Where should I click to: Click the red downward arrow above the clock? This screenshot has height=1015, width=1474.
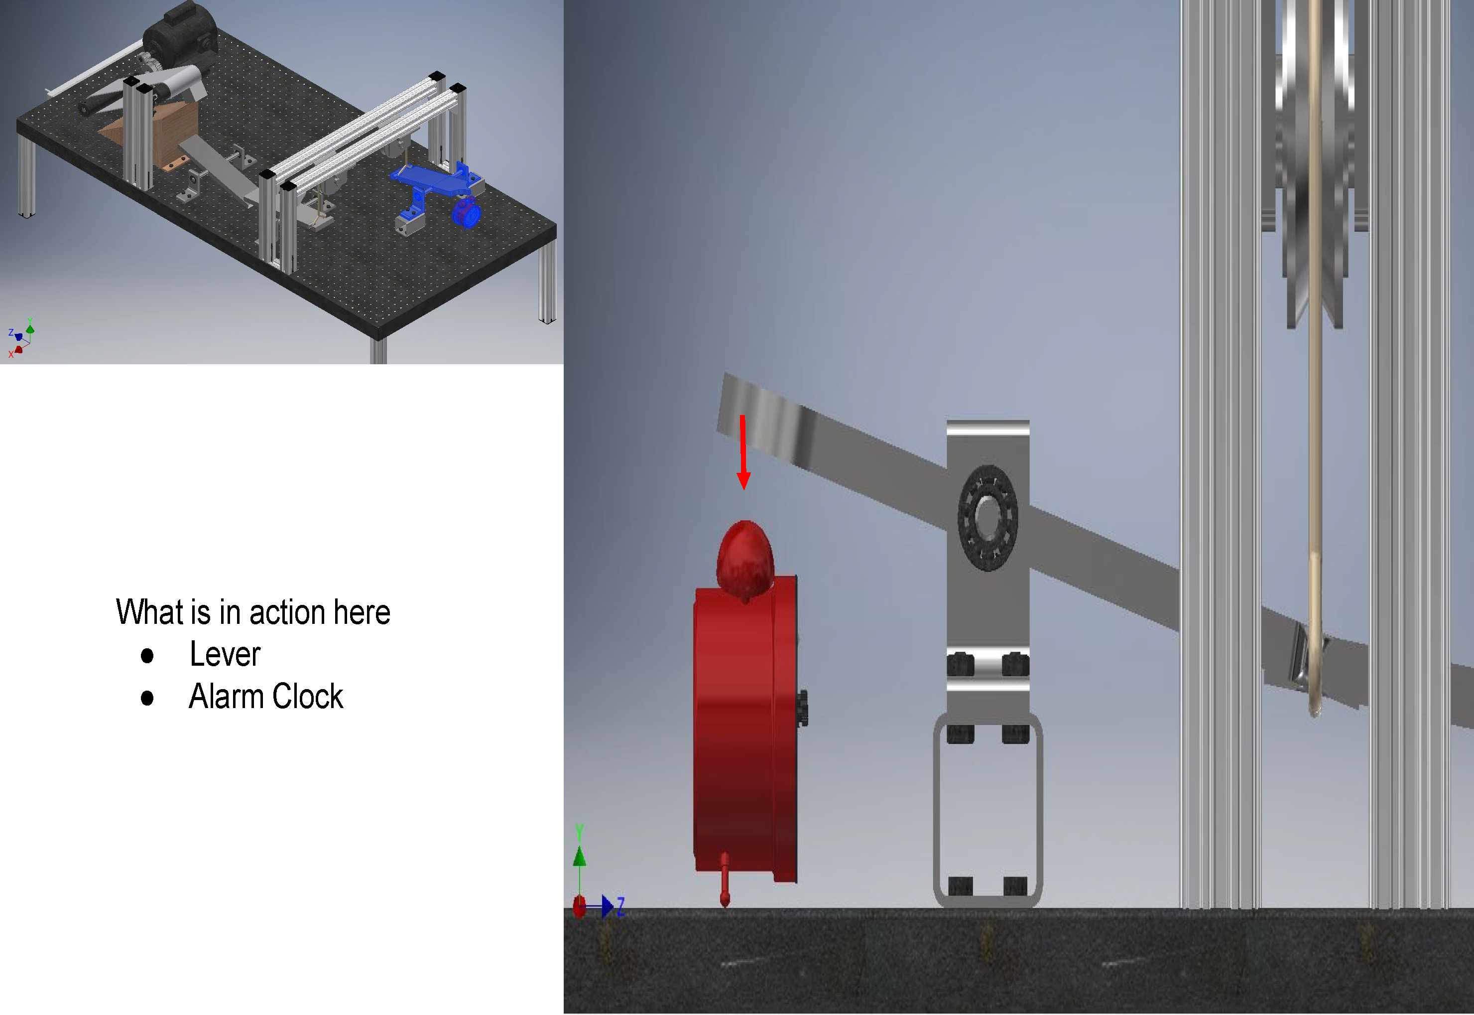742,452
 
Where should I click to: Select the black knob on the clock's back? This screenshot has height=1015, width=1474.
803,707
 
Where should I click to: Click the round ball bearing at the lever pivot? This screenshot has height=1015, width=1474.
987,518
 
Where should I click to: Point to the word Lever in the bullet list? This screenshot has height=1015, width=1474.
225,654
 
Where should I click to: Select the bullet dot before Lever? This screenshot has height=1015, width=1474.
147,656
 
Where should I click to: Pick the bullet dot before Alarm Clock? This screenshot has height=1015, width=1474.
147,698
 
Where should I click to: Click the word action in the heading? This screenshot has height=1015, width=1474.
287,612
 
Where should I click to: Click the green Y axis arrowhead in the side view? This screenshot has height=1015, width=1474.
579,856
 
